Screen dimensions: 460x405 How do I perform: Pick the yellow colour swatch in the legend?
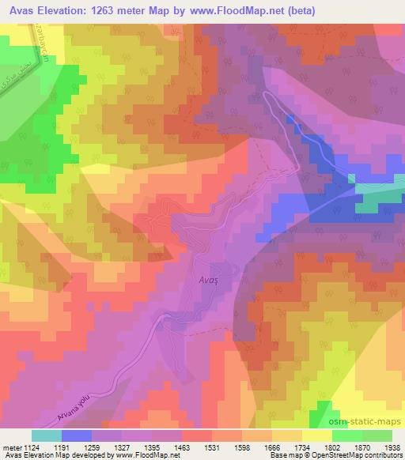[x=316, y=435]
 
